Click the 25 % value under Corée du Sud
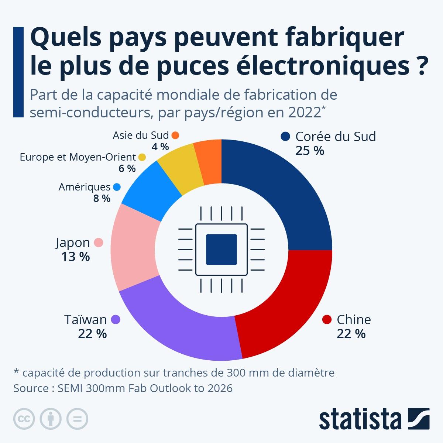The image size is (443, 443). point(310,151)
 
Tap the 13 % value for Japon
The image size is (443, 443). point(75,257)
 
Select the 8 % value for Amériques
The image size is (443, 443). point(102,199)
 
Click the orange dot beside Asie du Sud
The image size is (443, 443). point(175,135)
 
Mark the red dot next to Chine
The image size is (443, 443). point(327,319)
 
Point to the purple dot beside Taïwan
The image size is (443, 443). point(116,319)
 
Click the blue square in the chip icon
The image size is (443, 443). point(221,250)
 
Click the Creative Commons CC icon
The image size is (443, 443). point(24,419)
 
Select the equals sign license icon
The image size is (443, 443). point(77,419)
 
